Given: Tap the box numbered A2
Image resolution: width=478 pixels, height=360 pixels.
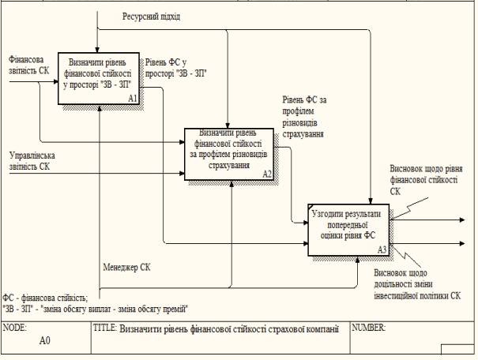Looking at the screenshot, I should (x=228, y=153).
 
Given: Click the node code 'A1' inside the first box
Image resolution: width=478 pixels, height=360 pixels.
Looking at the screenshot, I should (x=133, y=99).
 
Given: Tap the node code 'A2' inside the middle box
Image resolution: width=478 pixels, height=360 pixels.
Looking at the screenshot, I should (x=267, y=174).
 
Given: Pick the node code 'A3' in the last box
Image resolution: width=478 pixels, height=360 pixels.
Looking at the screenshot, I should (x=382, y=249).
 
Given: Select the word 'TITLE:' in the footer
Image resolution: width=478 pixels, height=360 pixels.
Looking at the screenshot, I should (x=106, y=327).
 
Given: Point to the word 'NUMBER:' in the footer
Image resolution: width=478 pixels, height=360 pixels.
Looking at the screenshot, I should (x=369, y=326).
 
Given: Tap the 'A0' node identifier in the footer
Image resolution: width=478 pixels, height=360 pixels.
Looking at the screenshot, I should (x=46, y=343).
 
